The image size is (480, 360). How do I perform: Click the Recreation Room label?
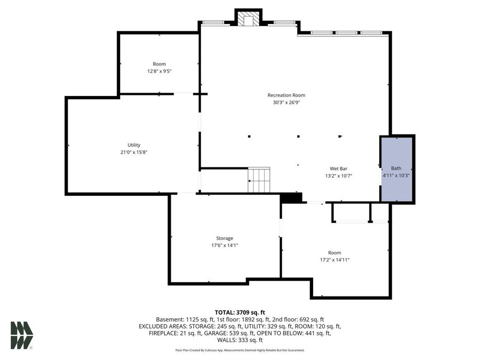click(286, 95)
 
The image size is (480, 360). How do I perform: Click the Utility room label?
click(133, 145)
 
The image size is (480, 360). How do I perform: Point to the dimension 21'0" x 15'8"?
click(133, 152)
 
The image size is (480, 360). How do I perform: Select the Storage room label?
click(225, 238)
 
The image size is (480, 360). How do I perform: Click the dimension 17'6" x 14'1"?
click(225, 245)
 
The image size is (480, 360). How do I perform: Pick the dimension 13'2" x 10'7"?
click(339, 175)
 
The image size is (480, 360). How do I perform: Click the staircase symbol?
click(259, 180)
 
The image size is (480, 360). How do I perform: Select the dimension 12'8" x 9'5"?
click(159, 71)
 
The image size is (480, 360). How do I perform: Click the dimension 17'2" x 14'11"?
click(334, 260)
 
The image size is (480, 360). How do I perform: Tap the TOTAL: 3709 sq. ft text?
click(239, 312)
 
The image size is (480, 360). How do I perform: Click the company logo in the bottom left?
click(21, 335)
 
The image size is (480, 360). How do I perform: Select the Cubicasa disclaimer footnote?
click(239, 350)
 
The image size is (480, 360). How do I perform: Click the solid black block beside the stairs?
click(291, 198)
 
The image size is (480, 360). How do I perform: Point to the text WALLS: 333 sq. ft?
click(239, 340)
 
